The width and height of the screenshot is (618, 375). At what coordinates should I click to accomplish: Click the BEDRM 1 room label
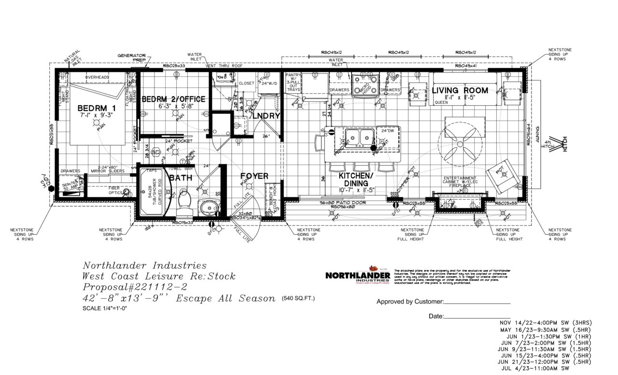93,109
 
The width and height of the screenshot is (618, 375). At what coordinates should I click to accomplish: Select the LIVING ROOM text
460,91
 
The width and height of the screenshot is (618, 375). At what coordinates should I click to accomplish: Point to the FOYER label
254,177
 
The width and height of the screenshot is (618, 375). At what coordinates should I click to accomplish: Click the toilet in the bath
184,203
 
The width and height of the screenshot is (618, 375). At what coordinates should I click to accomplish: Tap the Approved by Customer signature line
477,303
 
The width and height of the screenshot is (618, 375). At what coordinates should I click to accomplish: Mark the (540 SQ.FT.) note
298,299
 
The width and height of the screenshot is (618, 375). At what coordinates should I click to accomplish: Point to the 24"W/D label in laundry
270,83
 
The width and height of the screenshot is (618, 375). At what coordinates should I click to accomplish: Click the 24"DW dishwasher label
388,131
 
